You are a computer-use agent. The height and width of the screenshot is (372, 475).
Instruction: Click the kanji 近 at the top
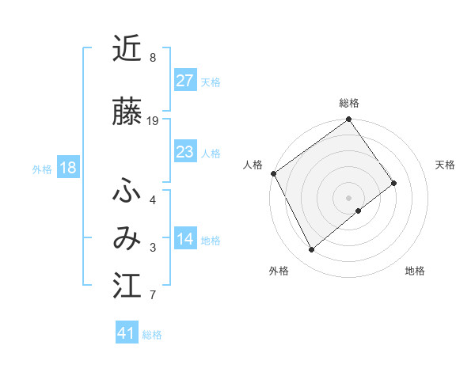pos(127,48)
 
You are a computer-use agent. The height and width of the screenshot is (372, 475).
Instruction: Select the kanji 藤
pos(127,112)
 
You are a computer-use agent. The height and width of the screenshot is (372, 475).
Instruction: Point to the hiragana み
pos(127,238)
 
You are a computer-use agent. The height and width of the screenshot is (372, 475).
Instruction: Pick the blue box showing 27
pos(184,82)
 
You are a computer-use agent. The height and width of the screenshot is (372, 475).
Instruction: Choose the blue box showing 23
pos(184,153)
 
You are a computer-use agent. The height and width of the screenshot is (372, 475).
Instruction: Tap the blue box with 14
pos(184,240)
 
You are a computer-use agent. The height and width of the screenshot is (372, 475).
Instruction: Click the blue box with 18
pos(67,169)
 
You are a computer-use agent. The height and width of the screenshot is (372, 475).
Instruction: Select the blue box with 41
pos(127,334)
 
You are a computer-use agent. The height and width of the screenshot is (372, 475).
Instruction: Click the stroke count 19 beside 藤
pos(153,121)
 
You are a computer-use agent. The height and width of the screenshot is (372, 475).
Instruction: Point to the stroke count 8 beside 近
pos(153,58)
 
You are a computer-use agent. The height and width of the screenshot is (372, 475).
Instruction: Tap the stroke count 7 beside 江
pos(153,295)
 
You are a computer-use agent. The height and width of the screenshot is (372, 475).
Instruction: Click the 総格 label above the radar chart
pos(349,103)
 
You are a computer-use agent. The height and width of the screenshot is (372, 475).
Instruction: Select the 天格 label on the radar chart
pos(445,165)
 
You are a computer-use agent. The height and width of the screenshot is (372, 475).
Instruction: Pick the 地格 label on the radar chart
pos(415,271)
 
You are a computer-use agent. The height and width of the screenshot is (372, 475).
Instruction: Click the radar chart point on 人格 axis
pos(273,173)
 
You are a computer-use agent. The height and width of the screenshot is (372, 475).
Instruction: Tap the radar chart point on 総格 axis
pos(349,120)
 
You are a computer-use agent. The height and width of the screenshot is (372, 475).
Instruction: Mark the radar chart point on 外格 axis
pos(312,250)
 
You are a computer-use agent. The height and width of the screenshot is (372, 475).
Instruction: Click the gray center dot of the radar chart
pos(349,197)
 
